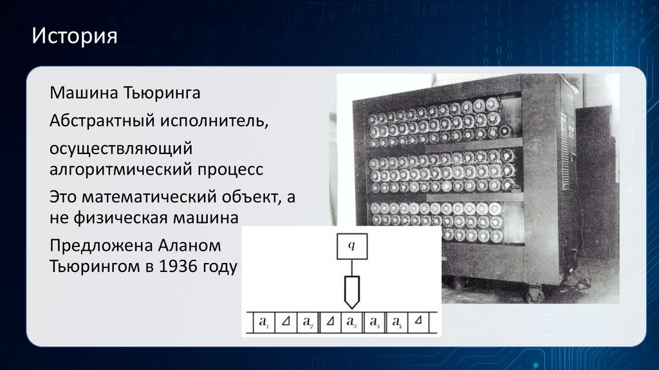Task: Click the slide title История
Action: tap(75, 35)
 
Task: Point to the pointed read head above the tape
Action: tap(351, 291)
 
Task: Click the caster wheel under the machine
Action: tap(534, 295)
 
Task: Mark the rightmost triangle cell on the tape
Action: tap(418, 320)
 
